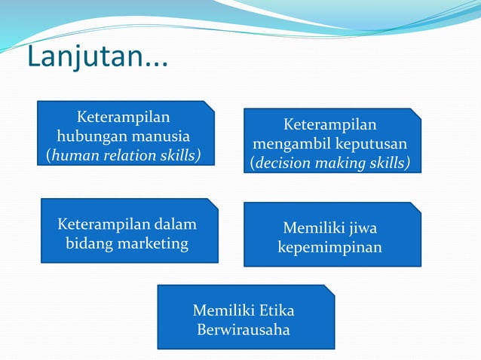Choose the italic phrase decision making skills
(332, 163)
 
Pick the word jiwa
(363, 227)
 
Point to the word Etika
(277, 310)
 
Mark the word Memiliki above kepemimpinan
(312, 227)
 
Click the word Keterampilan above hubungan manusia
(124, 117)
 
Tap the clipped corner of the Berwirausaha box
(329, 288)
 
